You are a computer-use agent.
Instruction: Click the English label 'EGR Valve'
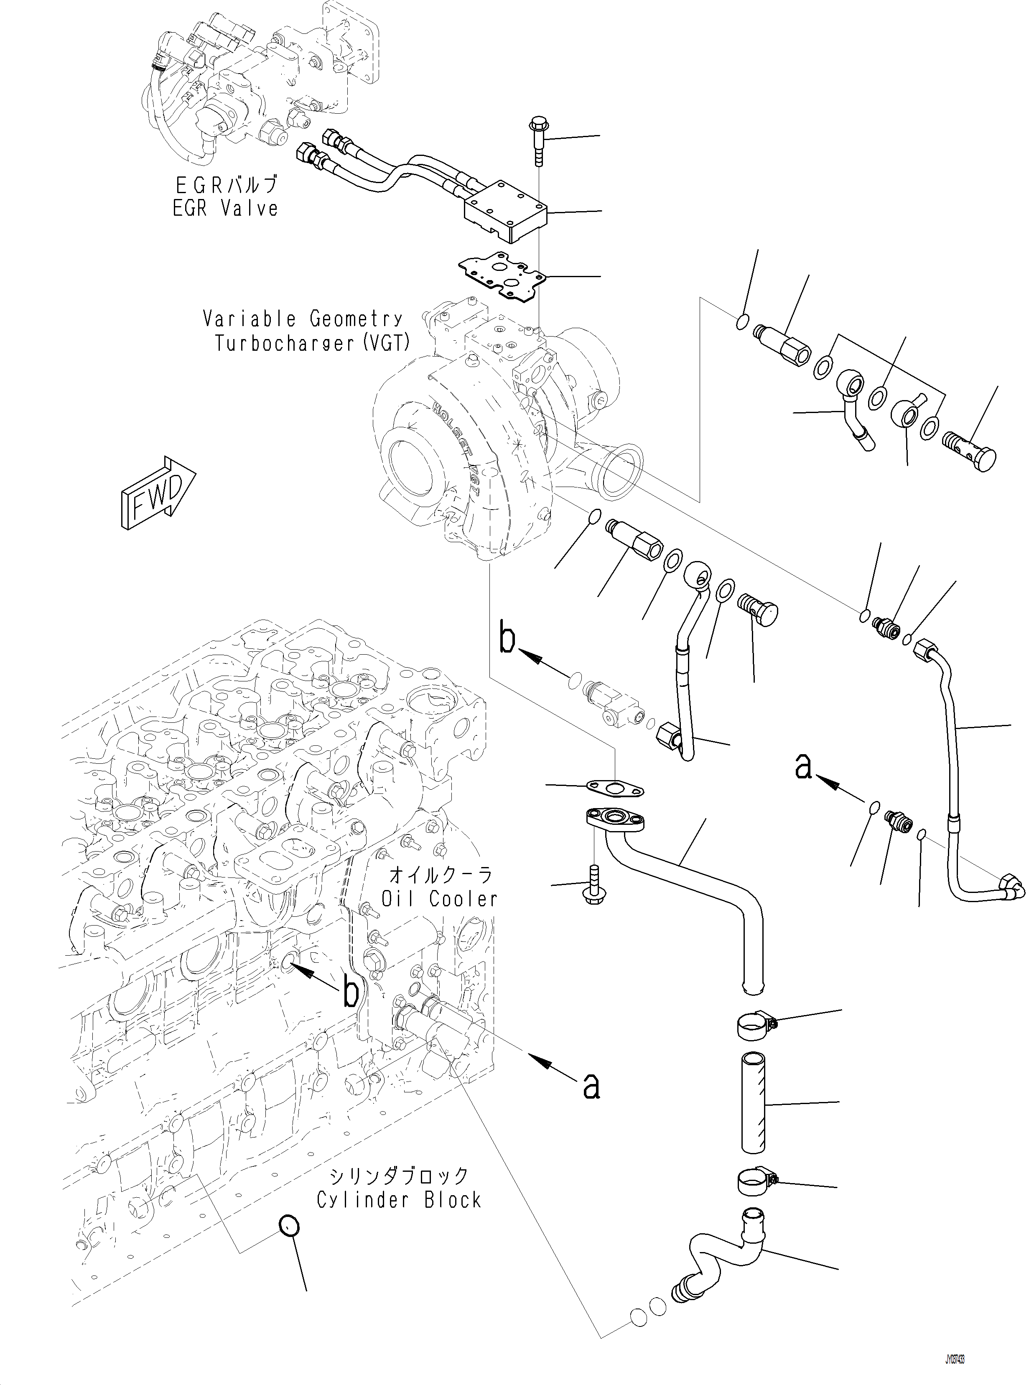[x=225, y=207]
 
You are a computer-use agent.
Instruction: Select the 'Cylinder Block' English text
[x=399, y=1199]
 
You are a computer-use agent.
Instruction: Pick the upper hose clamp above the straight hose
[x=754, y=1025]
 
